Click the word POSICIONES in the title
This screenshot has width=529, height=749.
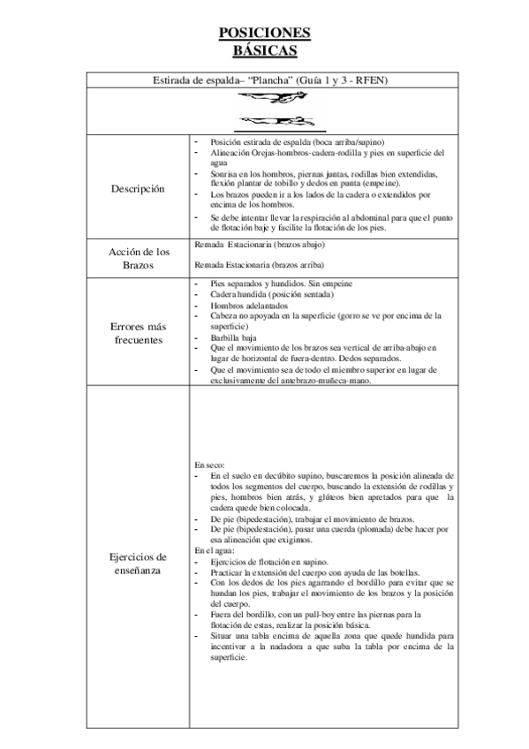click(264, 33)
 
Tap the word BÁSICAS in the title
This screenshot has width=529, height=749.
click(264, 49)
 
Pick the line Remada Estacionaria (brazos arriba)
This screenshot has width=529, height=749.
click(258, 265)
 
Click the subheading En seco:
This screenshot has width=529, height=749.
click(209, 464)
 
